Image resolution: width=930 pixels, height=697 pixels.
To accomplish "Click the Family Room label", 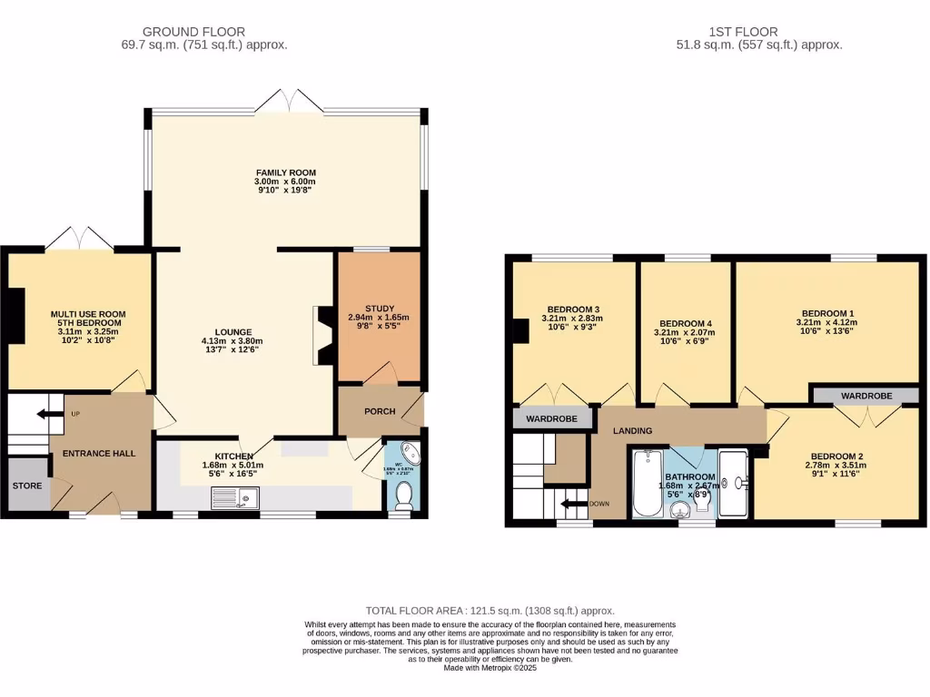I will [x=285, y=172].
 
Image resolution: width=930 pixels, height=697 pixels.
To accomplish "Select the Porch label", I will [x=380, y=411].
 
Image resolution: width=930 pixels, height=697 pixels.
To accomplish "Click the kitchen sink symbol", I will [x=235, y=496].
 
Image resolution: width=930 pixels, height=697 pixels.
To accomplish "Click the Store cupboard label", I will [x=27, y=486].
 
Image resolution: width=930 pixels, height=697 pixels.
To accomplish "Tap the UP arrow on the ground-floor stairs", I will [x=44, y=416].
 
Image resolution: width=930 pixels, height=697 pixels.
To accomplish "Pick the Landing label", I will [x=634, y=431].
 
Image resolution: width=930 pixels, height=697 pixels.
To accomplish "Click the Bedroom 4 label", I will [x=685, y=324].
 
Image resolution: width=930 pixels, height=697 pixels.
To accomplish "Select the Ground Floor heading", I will [x=194, y=32].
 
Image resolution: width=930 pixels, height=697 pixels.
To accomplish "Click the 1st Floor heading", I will [x=752, y=32].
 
